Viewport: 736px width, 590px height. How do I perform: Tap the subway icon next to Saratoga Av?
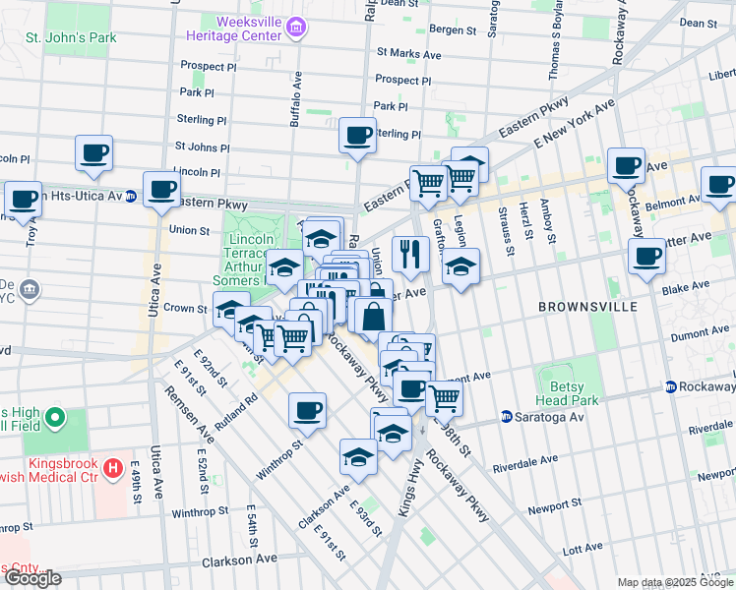(507, 417)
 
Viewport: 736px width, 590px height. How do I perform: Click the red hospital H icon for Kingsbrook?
(114, 467)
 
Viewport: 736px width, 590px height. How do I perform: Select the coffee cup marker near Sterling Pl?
(357, 135)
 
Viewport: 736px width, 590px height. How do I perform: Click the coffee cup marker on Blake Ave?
(646, 258)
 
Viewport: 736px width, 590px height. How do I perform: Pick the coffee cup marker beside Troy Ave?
(23, 199)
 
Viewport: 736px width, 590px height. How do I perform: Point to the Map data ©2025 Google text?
(674, 582)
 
